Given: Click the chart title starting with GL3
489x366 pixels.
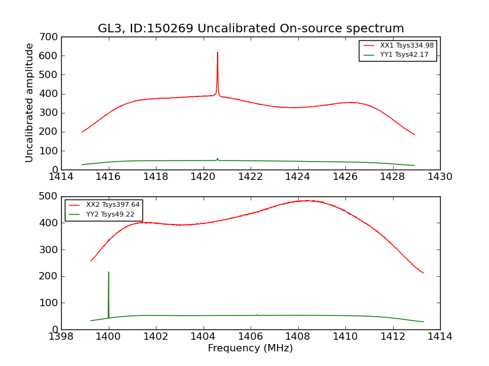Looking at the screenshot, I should click(x=251, y=29).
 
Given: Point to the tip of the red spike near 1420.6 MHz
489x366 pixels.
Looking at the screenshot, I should click(x=217, y=52).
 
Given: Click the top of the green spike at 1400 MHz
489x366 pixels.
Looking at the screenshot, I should click(x=109, y=272).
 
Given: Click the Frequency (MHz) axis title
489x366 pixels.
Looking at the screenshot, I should click(x=250, y=348).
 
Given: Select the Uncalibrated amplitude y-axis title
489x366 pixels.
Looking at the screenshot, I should click(x=29, y=102).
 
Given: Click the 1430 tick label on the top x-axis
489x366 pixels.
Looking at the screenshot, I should click(x=439, y=177).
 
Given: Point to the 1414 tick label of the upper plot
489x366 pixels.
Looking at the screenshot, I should click(x=61, y=177).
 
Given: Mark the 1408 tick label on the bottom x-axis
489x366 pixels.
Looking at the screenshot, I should click(x=298, y=337).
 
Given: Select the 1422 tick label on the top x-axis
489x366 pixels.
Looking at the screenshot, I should click(x=251, y=177).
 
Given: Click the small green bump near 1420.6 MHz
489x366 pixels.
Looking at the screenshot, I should click(x=217, y=159).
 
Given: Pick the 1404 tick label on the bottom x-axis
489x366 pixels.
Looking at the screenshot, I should click(x=203, y=337).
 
